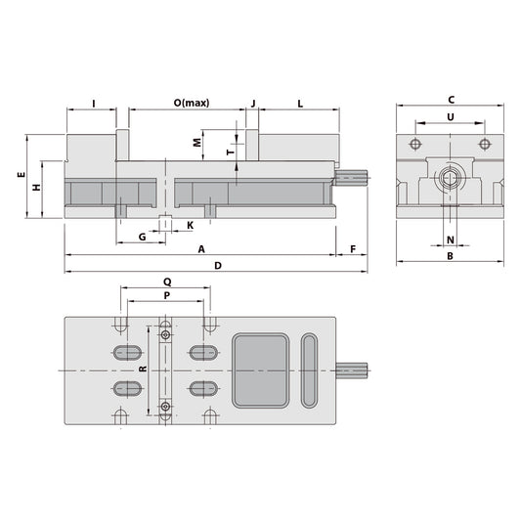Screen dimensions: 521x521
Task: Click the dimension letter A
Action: pos(201,249)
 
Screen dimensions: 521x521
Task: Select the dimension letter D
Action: pos(218,266)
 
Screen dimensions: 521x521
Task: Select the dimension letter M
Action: pos(196,142)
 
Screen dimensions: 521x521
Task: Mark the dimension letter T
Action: pos(228,152)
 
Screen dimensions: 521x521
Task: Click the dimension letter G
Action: pos(142,237)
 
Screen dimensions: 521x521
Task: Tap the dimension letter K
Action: pos(190,225)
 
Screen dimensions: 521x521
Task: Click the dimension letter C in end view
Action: pos(451,99)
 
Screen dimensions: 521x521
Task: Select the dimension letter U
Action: pos(450,116)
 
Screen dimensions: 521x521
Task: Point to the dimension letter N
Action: pos(451,239)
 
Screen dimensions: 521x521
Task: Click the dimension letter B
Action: pos(450,256)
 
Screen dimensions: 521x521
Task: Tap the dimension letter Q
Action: pos(164,280)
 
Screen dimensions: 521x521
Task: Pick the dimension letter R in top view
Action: pos(143,369)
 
